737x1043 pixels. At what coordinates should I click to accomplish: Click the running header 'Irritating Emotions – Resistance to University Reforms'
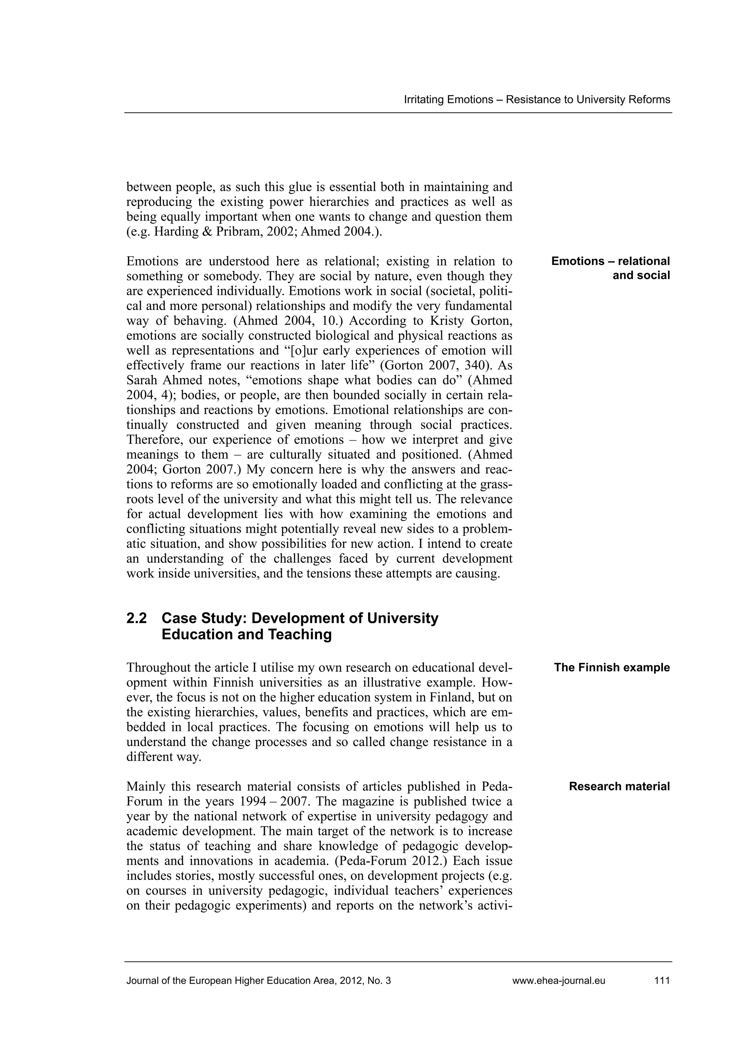(537, 99)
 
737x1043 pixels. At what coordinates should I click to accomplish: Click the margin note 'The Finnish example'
(611, 667)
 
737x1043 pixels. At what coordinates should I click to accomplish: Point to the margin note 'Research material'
(619, 786)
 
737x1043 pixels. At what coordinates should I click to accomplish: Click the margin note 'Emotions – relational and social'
(611, 268)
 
